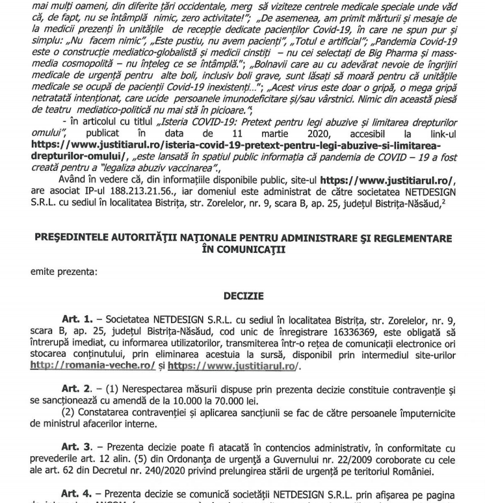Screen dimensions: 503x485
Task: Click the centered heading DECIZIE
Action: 243,296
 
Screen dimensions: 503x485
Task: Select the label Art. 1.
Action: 77,319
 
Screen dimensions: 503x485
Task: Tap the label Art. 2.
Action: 77,389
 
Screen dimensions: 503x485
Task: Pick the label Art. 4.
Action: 77,494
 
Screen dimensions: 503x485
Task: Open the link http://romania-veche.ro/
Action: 92,366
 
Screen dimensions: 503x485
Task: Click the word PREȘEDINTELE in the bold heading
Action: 73,239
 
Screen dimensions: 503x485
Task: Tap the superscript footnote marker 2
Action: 443,201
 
